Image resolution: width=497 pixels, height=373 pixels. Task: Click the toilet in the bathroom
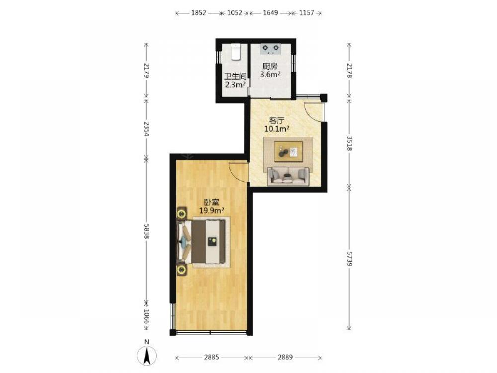tap(236, 52)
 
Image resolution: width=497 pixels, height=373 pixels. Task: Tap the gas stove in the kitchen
tap(271, 48)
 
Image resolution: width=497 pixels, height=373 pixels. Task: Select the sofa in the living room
tap(288, 176)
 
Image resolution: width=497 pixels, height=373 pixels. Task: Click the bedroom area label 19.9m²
tap(212, 210)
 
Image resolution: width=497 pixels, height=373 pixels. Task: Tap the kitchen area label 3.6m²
tap(270, 75)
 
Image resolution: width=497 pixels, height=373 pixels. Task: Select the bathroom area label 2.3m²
tap(235, 85)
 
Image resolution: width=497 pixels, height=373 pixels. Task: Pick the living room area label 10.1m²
tap(277, 129)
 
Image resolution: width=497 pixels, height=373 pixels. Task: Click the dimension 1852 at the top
tap(199, 13)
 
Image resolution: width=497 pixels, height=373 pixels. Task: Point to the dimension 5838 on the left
tap(147, 232)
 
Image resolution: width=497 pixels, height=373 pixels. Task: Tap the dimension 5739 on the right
tap(349, 259)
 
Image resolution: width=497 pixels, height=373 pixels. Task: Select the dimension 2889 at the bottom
tap(285, 357)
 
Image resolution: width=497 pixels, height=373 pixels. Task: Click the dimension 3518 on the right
tap(349, 143)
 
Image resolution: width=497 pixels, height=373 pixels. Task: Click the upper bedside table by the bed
tap(181, 213)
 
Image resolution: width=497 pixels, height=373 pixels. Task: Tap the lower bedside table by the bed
tap(181, 270)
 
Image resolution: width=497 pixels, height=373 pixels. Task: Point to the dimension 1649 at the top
tap(270, 13)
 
